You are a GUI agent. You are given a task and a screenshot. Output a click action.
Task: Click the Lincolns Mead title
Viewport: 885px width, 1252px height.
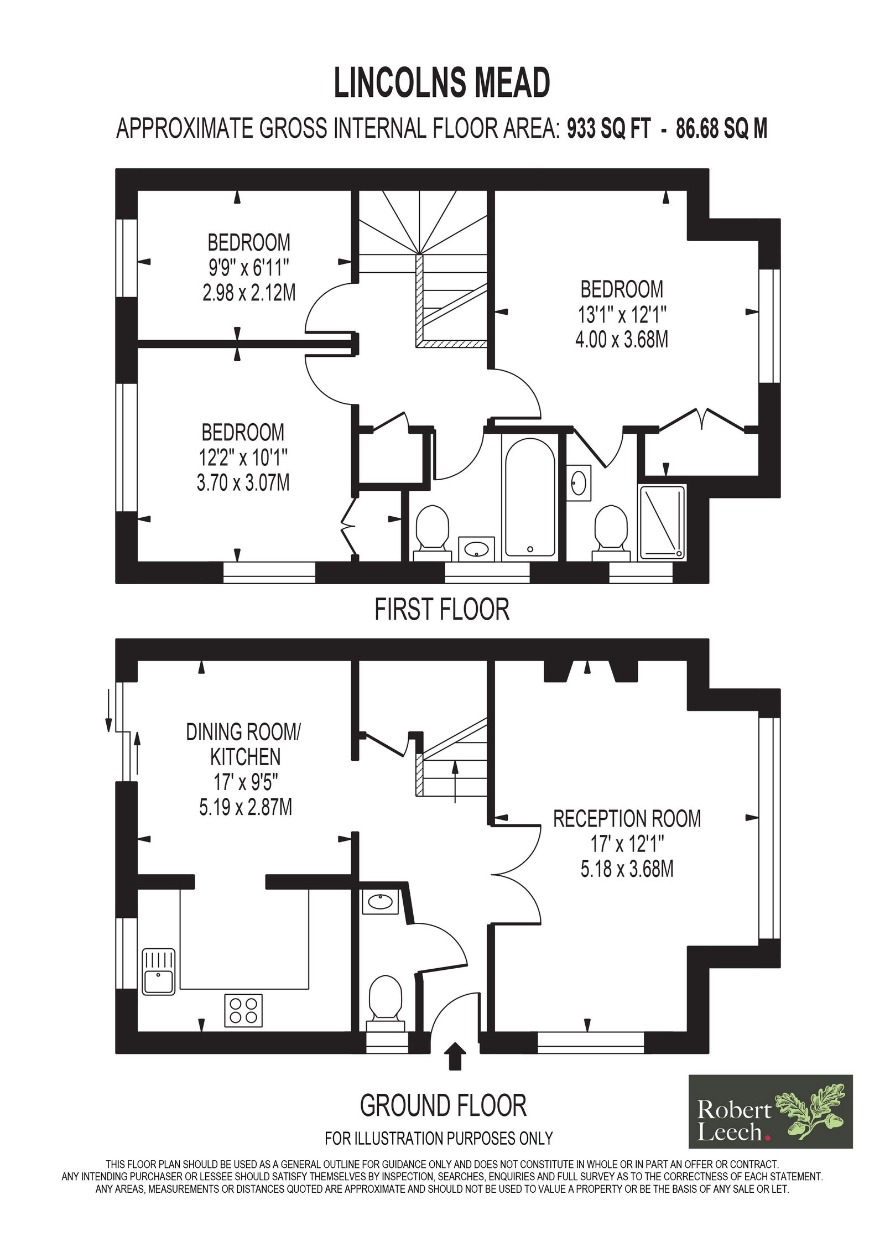click(x=442, y=84)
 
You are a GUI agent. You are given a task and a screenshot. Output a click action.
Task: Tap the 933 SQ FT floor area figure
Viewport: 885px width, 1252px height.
click(x=607, y=129)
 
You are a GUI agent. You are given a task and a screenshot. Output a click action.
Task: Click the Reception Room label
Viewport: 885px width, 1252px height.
click(x=627, y=818)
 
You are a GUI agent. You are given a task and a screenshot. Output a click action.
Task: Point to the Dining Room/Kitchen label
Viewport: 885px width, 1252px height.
click(x=242, y=744)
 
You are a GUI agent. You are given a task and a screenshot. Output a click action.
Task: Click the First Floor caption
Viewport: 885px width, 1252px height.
click(x=442, y=610)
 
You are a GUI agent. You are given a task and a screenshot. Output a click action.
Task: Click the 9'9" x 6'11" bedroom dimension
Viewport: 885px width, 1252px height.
click(x=248, y=268)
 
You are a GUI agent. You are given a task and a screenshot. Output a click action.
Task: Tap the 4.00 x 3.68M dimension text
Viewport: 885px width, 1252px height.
click(x=622, y=339)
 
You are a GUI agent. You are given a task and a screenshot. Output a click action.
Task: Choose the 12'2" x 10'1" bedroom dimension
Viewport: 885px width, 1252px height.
click(x=243, y=458)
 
